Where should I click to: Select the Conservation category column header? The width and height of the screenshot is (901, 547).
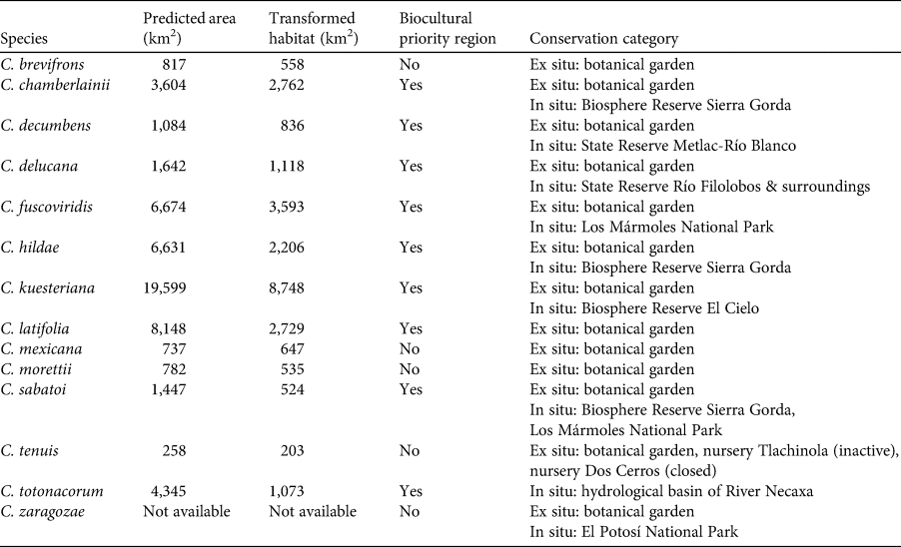(603, 40)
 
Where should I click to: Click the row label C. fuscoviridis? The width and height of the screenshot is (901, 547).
(47, 207)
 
